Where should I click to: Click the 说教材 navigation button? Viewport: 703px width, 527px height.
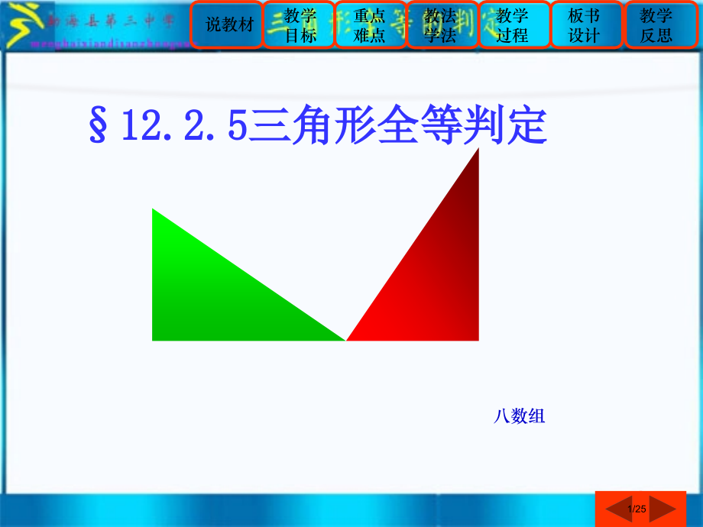click(x=228, y=25)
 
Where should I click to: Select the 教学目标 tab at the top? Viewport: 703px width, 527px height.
click(x=300, y=25)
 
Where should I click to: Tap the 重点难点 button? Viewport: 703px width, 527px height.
click(x=370, y=25)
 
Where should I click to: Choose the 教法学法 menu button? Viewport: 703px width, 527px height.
click(x=441, y=25)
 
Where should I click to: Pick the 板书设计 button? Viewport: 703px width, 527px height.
click(x=585, y=25)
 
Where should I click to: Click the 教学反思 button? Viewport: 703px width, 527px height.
click(x=656, y=25)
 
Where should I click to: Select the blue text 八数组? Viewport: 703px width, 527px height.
click(x=519, y=416)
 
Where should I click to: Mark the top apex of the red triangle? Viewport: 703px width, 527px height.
click(x=478, y=150)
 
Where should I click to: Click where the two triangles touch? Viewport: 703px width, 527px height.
click(x=345, y=340)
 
